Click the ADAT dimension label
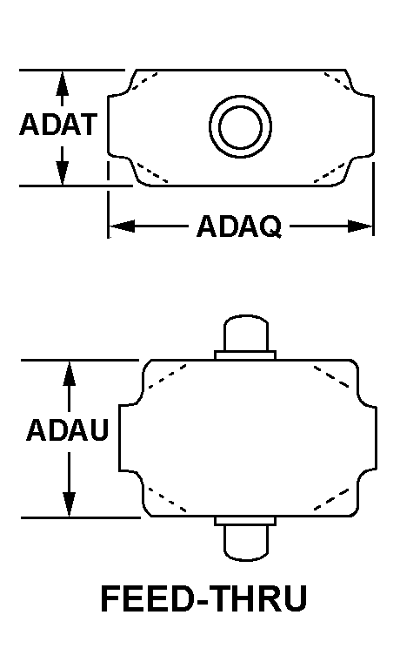coord(58,125)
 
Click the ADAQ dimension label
coord(239,226)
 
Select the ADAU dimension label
coord(68,429)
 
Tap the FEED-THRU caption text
coord(204,598)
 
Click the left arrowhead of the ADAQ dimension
coord(123,226)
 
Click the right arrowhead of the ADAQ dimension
coord(360,226)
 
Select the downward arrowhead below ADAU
coord(69,504)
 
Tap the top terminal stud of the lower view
coord(246,333)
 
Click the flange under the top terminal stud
coord(245,355)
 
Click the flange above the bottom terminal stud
coord(245,521)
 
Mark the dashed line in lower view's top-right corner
coord(331,376)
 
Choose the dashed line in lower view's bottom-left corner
coord(167,500)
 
